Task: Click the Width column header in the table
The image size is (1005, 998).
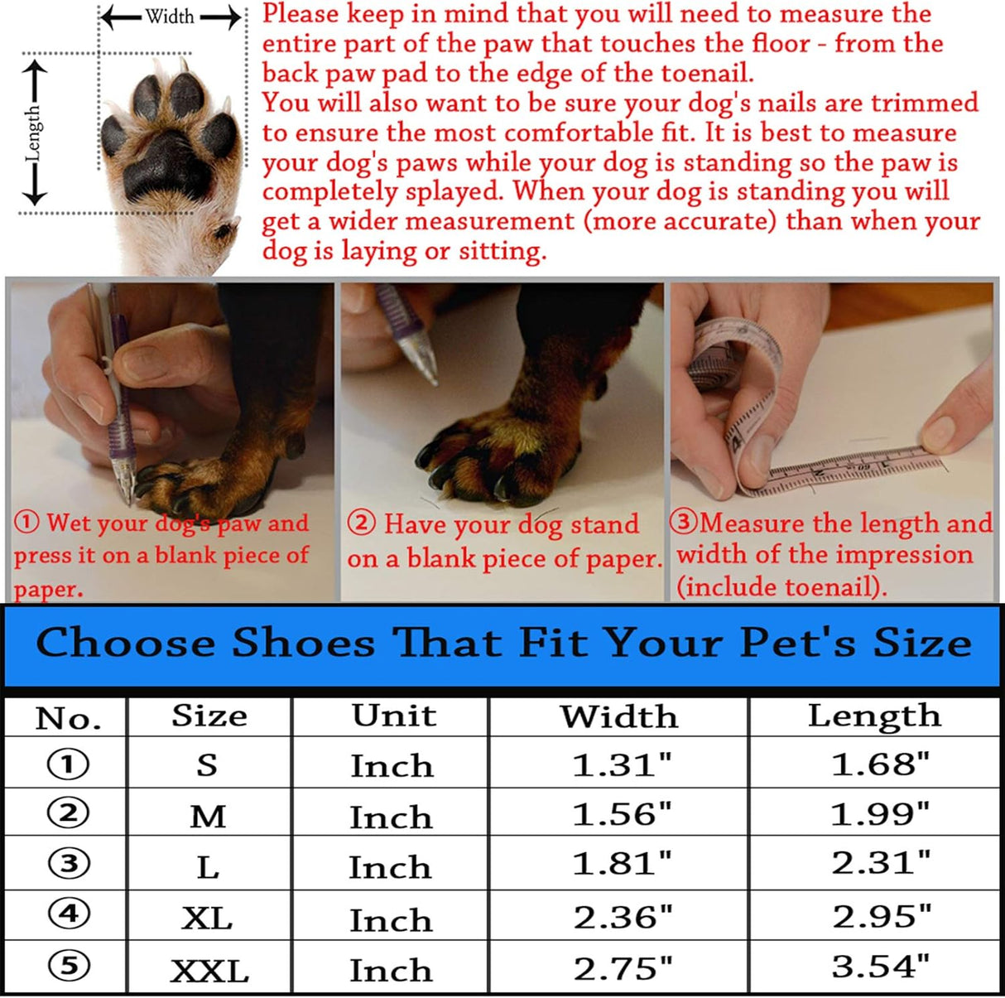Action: (619, 716)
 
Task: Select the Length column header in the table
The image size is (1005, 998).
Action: (874, 716)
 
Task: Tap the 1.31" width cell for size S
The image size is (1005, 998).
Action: (622, 764)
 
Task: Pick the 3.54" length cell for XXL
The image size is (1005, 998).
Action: (881, 967)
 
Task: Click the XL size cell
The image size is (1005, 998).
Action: (207, 918)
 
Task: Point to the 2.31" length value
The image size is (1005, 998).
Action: (881, 863)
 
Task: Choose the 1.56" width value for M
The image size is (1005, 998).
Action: (622, 815)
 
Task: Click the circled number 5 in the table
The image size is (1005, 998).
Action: (69, 966)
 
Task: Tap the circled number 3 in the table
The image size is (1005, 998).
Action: (69, 864)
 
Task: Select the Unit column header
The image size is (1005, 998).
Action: (394, 716)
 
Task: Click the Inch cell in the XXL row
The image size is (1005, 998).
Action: (391, 970)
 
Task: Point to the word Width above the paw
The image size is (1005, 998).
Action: (170, 17)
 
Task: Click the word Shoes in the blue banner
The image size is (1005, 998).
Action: (303, 644)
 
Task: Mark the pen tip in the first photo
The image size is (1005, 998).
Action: (127, 497)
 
